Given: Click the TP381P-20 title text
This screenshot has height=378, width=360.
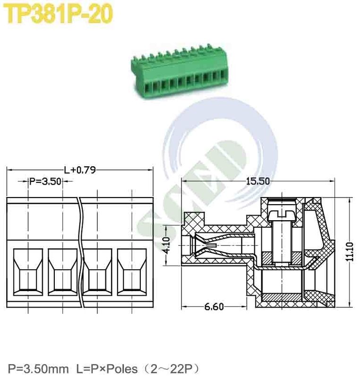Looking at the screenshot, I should point(60,15).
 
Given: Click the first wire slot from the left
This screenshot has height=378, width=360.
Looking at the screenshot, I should point(28,272).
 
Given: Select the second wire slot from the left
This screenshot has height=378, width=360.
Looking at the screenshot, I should point(63,272).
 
